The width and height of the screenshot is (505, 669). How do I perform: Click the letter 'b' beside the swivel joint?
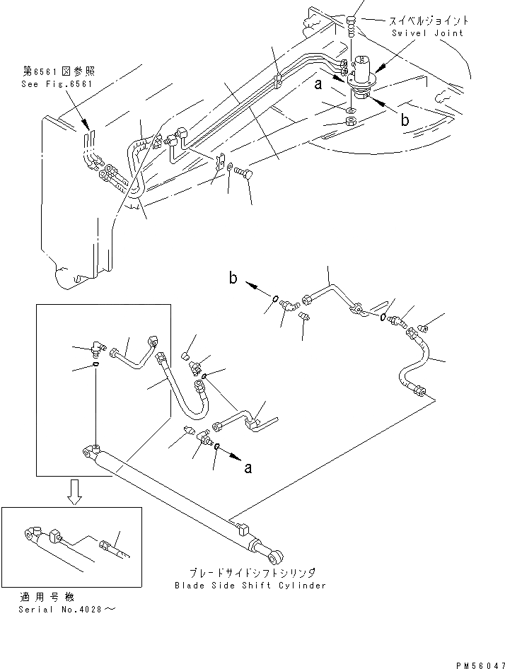(x=405, y=120)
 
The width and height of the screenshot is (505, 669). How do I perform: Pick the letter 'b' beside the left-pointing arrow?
(x=233, y=278)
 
